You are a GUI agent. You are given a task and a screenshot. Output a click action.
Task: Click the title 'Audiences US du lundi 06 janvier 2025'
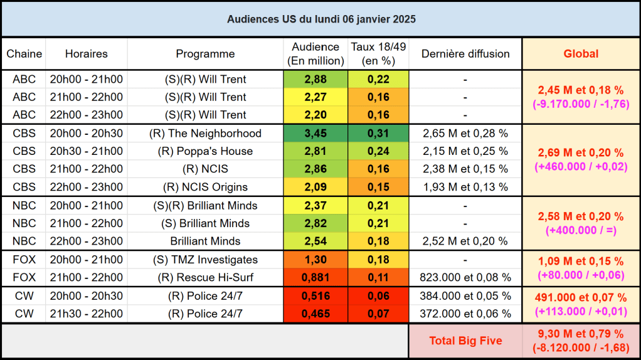pos(320,19)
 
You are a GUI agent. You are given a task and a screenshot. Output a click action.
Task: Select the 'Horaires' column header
pos(87,54)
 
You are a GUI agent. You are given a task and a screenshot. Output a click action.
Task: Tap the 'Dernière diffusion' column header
pos(465,54)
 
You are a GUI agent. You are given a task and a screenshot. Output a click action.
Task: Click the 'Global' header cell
pos(581,54)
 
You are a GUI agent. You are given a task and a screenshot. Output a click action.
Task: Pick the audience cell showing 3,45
pos(315,134)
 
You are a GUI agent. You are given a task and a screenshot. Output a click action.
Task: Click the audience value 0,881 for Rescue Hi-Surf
pos(315,277)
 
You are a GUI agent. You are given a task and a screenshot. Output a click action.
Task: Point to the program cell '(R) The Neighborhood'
pos(205,134)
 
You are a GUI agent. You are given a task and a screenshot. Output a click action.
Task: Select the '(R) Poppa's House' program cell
pos(205,151)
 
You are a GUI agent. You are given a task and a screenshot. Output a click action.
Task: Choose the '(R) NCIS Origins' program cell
pos(205,187)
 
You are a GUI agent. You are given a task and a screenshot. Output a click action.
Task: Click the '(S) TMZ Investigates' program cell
pos(205,260)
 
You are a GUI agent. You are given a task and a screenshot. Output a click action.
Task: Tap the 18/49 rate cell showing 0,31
pos(378,134)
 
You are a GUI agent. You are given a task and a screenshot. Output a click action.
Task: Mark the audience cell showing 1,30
pos(315,260)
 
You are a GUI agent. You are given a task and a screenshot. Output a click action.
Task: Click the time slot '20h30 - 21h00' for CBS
pos(87,151)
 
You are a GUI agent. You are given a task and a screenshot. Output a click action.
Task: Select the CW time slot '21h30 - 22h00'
pos(87,314)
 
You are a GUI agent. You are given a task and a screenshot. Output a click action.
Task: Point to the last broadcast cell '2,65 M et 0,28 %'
pos(465,134)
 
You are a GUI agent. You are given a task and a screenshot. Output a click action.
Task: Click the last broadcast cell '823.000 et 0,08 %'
pos(465,277)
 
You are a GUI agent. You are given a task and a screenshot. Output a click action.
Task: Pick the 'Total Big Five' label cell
pos(465,341)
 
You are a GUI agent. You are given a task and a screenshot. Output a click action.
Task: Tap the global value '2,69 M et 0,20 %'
pos(581,153)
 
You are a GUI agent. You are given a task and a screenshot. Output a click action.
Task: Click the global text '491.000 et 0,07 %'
pos(581,298)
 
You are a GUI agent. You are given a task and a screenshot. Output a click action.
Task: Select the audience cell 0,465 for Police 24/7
pos(315,314)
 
